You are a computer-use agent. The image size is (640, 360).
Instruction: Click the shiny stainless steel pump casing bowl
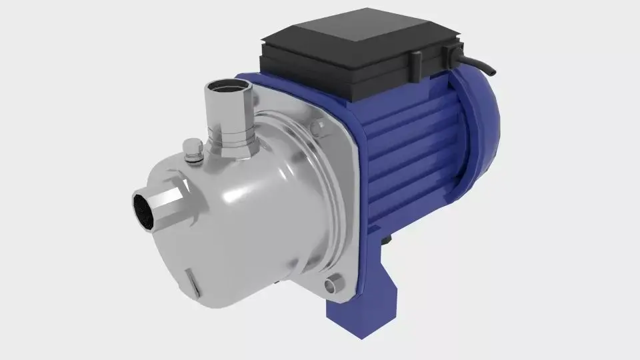[x=253, y=213]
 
